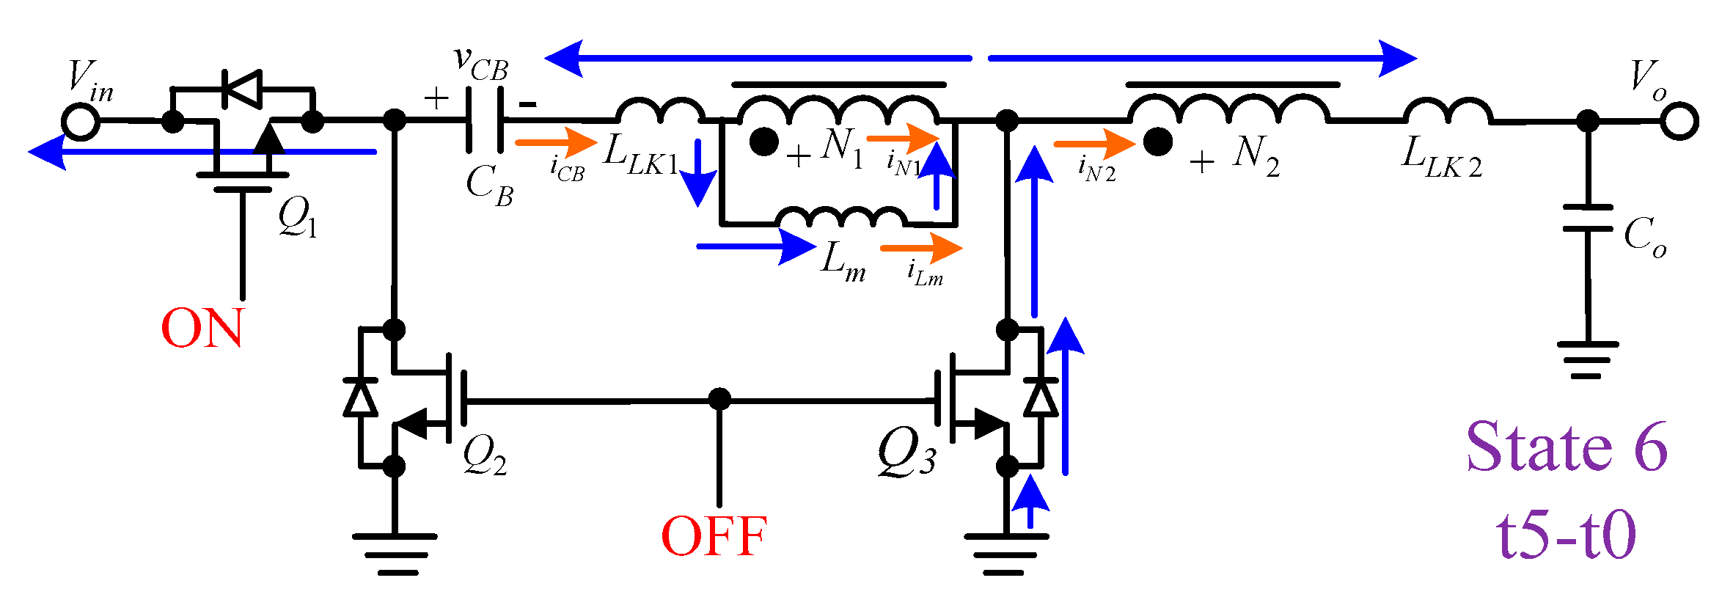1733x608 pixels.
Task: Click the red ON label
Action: tap(202, 328)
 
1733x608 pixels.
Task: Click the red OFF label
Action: tap(714, 536)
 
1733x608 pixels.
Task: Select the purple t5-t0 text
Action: tap(1567, 535)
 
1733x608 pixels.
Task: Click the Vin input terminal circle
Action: tap(80, 121)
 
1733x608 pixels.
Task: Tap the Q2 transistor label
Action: tap(484, 455)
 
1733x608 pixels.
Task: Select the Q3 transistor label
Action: tap(906, 453)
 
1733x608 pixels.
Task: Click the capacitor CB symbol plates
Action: tap(485, 120)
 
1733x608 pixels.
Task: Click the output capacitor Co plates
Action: tap(1588, 218)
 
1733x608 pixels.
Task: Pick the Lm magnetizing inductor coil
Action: tap(840, 217)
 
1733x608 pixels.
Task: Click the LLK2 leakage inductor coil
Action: tap(1448, 111)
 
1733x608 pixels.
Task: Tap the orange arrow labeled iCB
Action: tap(556, 142)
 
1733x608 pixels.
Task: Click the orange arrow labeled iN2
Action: tap(1093, 144)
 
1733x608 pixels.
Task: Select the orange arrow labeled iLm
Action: tap(920, 248)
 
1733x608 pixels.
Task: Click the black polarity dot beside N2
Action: tap(1157, 142)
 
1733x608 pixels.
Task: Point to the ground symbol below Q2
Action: tap(395, 554)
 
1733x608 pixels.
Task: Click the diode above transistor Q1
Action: tap(242, 89)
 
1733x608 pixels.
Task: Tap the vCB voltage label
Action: tap(481, 63)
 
